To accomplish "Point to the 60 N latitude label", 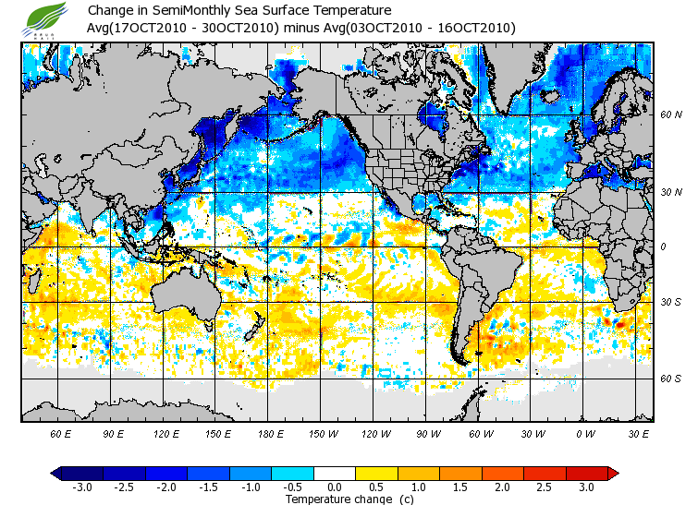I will click(671, 115).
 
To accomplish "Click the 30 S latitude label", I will click(671, 302).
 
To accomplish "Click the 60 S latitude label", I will click(671, 379).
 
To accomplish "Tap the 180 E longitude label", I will click(271, 433).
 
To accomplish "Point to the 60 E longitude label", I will click(61, 433).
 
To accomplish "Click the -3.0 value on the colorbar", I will click(81, 487).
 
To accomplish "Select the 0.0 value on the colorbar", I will click(336, 487).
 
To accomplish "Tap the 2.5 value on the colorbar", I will click(546, 487).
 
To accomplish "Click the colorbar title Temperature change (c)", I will click(336, 499).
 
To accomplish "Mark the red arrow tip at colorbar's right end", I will click(613, 474).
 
